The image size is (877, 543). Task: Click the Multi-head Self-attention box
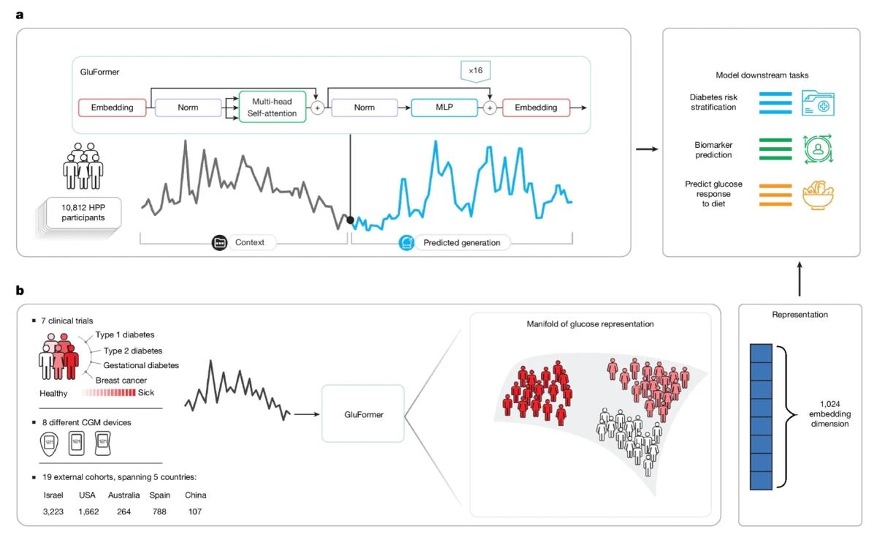click(x=272, y=108)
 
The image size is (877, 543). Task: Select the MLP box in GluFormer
click(x=443, y=108)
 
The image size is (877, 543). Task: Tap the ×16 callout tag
click(x=476, y=71)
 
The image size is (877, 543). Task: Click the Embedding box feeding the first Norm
click(x=113, y=108)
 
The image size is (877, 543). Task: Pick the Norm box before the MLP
click(x=364, y=108)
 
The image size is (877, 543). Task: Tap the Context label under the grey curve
click(x=250, y=242)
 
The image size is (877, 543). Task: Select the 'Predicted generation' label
click(x=462, y=242)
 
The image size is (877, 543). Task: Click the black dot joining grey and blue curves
click(x=351, y=220)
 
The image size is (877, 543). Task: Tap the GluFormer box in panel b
click(x=363, y=414)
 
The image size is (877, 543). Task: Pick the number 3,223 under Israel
click(x=54, y=511)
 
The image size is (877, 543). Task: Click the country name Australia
click(x=124, y=495)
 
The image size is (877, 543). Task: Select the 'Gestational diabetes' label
click(x=141, y=365)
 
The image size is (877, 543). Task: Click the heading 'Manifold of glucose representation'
click(x=590, y=323)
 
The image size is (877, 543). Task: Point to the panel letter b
click(x=20, y=290)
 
